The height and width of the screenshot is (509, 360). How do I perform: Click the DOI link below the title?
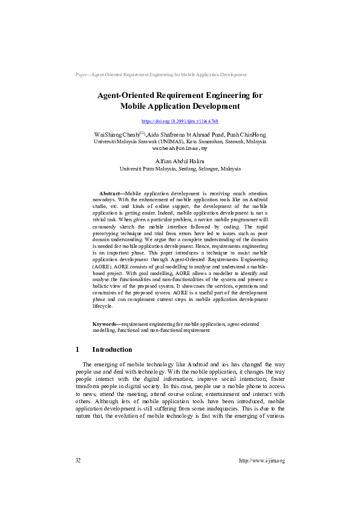coord(180,122)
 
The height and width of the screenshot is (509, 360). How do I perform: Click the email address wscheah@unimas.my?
coord(180,148)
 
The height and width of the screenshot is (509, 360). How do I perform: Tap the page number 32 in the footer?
coord(78,461)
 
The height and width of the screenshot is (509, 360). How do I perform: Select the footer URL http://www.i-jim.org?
coord(261,461)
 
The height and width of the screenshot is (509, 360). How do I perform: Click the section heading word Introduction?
coord(112,349)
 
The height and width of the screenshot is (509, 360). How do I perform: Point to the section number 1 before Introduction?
coord(78,349)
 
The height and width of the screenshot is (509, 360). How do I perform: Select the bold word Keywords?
coord(106,325)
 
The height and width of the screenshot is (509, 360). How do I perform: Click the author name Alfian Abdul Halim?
coord(180,161)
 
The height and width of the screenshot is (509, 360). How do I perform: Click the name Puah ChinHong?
coord(244,134)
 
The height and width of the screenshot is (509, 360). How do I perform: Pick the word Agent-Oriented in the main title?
coord(126,96)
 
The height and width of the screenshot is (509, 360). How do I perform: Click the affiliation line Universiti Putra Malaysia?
coord(180,169)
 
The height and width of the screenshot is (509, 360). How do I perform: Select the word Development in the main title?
coord(206,106)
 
